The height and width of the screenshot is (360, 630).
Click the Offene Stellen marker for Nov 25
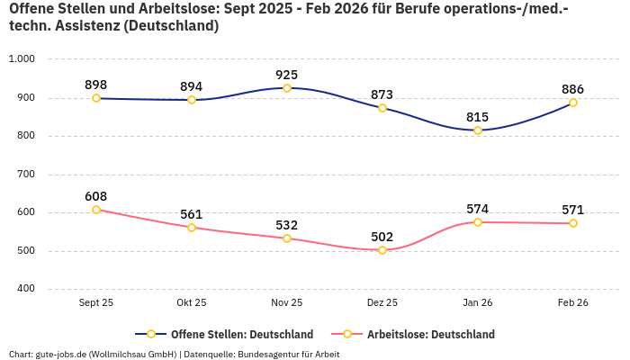[287, 88]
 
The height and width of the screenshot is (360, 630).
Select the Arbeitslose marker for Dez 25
[382, 250]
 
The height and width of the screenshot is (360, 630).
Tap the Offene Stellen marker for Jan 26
[478, 130]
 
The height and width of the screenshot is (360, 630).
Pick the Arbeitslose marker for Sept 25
[96, 210]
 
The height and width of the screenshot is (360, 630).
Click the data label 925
[287, 75]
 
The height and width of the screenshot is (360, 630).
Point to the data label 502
[382, 237]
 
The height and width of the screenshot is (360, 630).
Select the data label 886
[573, 89]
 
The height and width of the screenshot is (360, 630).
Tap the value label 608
[96, 196]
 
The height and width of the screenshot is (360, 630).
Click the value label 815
[478, 117]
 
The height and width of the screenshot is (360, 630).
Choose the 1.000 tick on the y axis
[21, 59]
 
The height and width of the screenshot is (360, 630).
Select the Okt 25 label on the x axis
[192, 303]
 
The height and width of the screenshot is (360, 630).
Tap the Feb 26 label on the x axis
[573, 303]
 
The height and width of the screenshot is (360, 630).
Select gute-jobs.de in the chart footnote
[60, 354]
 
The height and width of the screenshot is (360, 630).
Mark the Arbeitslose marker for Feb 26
[573, 223]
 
